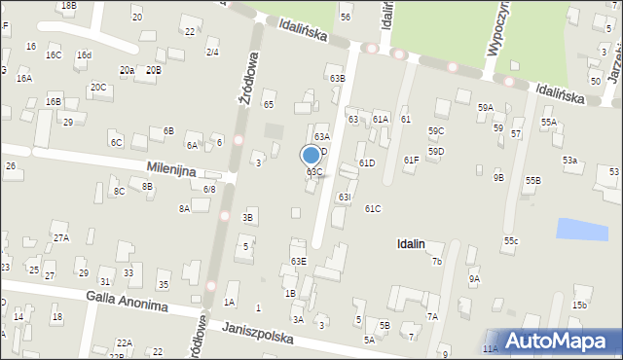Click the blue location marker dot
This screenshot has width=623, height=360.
(311, 155)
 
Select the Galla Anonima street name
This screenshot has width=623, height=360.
(127, 301)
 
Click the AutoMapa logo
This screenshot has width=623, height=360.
(559, 341)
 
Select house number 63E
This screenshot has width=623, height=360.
(298, 262)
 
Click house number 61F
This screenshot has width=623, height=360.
(411, 160)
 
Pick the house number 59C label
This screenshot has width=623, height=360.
(436, 130)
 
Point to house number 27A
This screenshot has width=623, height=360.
(61, 238)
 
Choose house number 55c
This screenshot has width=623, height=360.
(511, 240)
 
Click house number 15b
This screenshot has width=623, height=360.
(579, 306)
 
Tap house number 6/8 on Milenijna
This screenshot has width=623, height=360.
(209, 189)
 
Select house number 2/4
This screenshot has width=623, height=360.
(212, 52)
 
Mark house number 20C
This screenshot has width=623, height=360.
(98, 87)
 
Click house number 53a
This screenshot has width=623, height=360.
(569, 160)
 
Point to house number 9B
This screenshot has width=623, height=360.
(498, 177)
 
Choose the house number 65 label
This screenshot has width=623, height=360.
(269, 104)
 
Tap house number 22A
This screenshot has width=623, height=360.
(124, 342)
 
